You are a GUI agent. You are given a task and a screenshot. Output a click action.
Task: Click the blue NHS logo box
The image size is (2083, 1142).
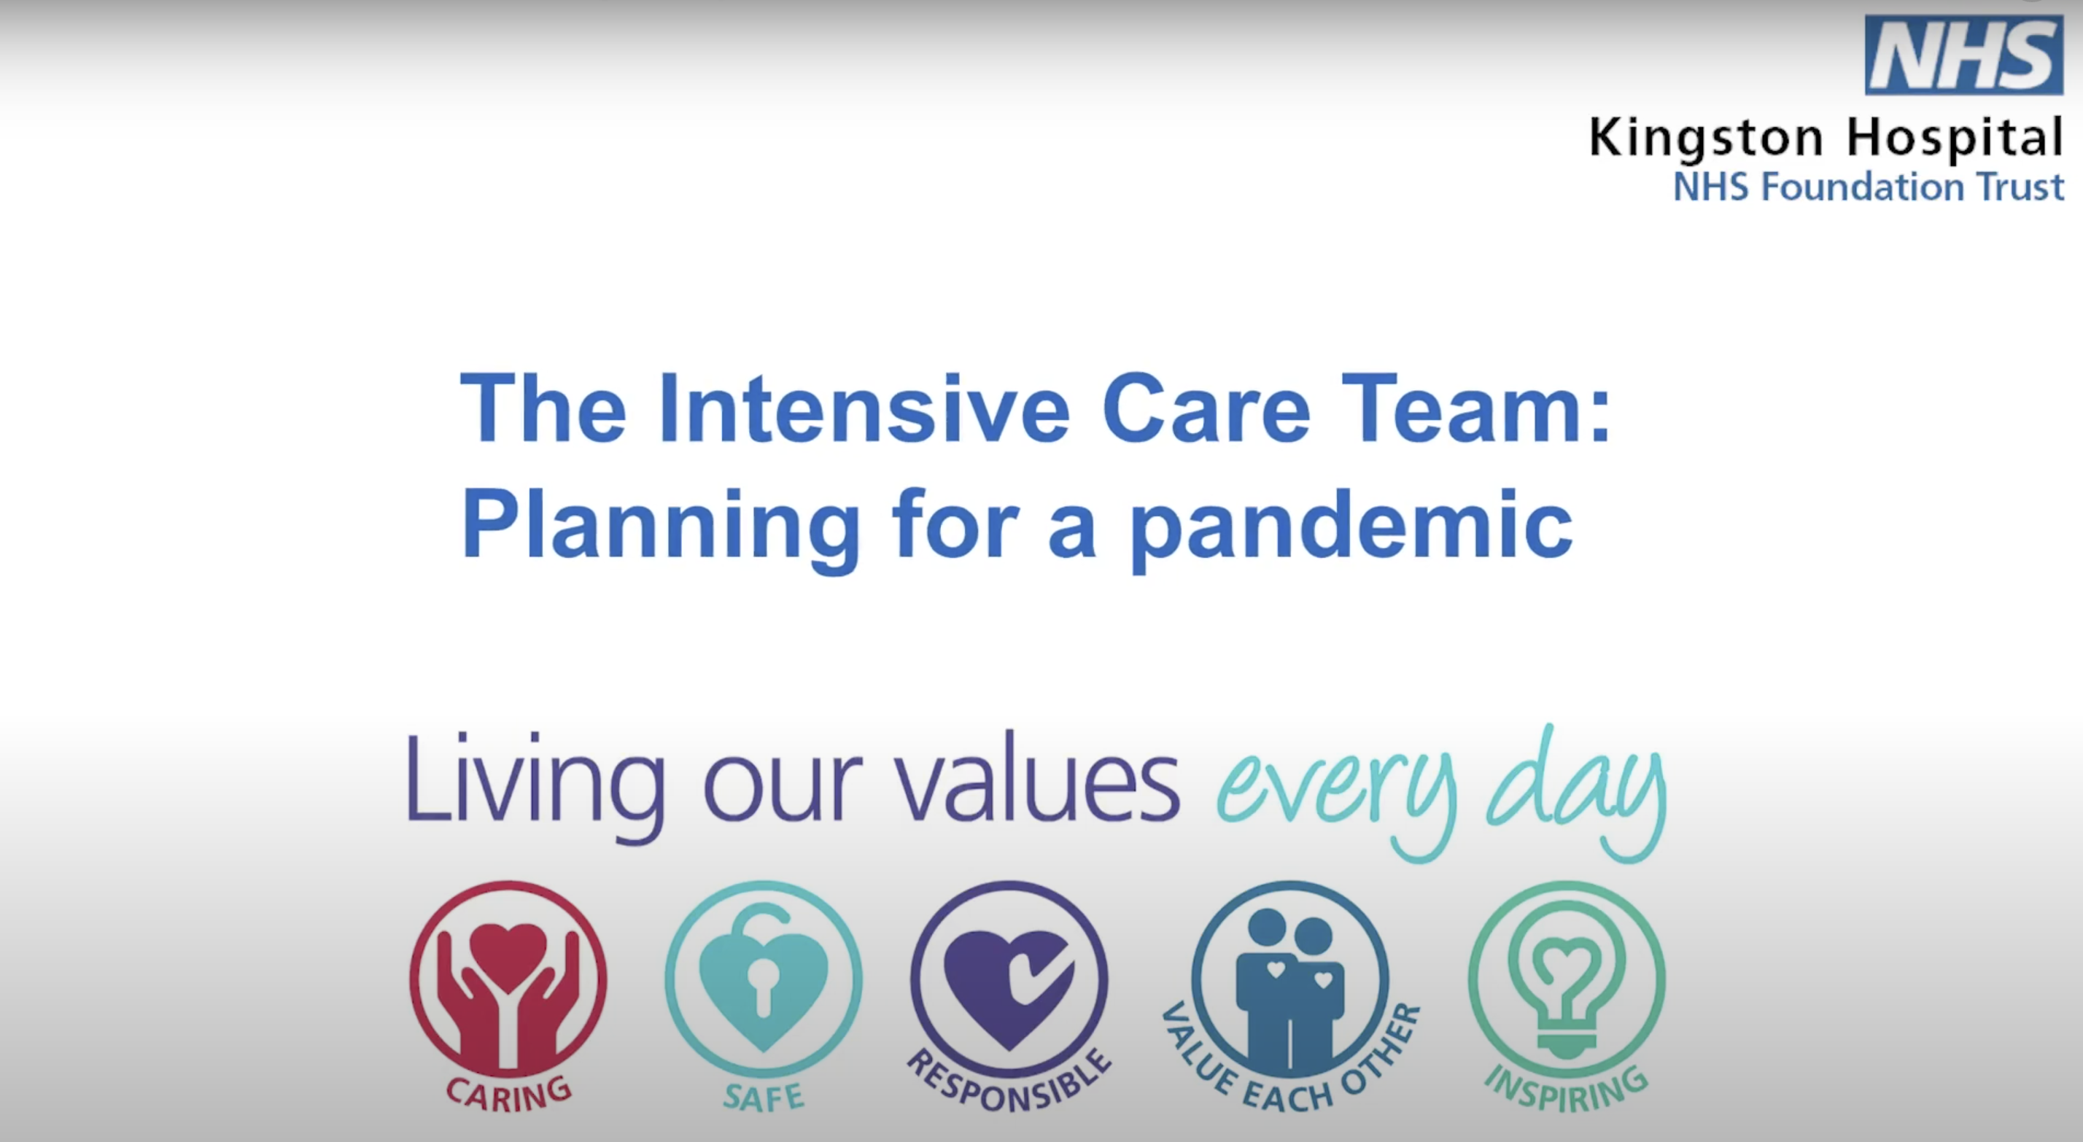click(1964, 54)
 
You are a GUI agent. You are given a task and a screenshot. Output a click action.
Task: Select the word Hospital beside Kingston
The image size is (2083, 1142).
click(1955, 139)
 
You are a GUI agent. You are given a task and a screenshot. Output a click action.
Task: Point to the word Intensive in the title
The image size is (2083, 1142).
click(864, 408)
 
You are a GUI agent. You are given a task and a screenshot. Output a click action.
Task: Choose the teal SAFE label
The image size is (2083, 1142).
click(764, 1098)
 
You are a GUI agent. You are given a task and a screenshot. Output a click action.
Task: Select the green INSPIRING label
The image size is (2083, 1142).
click(1567, 1090)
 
